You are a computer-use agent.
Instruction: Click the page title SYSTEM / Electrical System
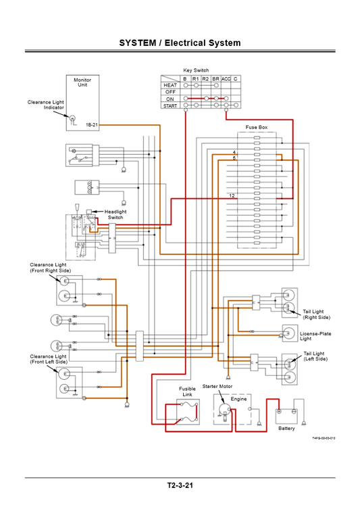pos(180,43)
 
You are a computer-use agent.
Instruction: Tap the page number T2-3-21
pos(180,485)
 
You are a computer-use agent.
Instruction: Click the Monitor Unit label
pos(82,82)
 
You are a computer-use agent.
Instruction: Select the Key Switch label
pos(196,70)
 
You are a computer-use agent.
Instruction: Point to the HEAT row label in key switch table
pos(170,86)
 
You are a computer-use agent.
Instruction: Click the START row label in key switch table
pos(170,105)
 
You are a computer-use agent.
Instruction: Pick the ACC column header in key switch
pos(226,79)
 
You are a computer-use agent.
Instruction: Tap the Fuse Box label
pos(256,127)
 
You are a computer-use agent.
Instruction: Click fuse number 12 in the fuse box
pos(232,195)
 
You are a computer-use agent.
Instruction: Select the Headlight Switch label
pos(115,214)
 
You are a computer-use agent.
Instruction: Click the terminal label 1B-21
pos(92,125)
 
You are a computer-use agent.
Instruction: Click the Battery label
pos(286,429)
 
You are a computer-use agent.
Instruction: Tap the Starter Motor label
pos(217,386)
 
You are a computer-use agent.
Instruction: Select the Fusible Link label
pos(187,392)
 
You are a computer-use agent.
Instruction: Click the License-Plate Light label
pos(315,336)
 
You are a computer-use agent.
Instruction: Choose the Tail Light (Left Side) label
pos(315,356)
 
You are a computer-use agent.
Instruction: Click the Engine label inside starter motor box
pos(238,399)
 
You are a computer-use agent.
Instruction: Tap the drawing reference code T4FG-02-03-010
pos(324,439)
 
